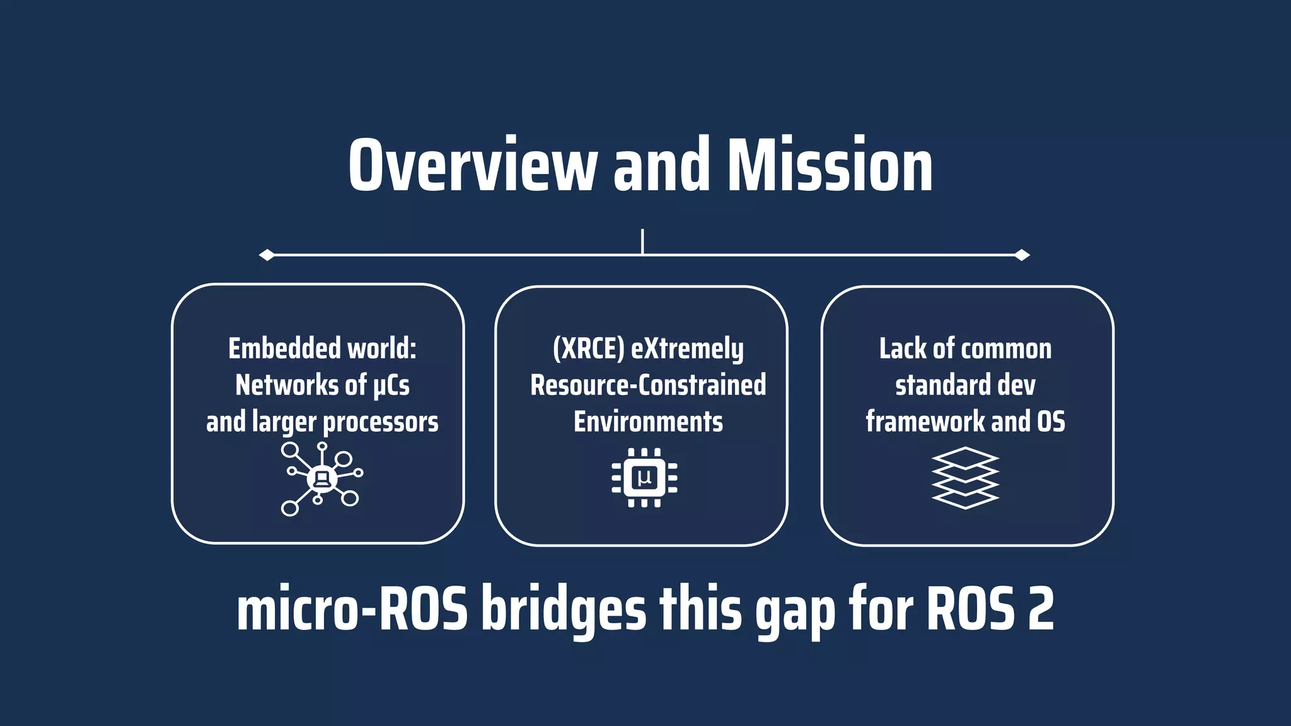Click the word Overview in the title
click(x=472, y=165)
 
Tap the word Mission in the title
click(x=830, y=165)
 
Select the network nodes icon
click(x=321, y=478)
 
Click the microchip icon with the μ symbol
click(x=644, y=478)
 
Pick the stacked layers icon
click(x=965, y=478)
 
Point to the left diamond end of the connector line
click(x=267, y=255)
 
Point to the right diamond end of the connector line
click(x=1022, y=255)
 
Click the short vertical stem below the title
click(x=642, y=241)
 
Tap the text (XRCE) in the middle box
click(x=589, y=349)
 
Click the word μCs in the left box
click(x=391, y=385)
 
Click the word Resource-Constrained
click(x=648, y=385)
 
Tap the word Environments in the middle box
click(x=648, y=422)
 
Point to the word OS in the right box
click(x=1051, y=422)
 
